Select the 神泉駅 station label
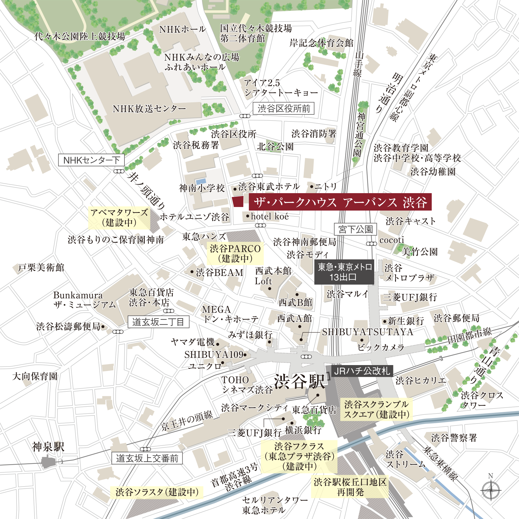click(48, 447)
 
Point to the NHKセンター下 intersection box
click(91, 160)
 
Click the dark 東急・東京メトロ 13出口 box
click(344, 272)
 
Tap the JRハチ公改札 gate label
click(362, 371)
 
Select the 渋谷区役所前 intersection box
click(284, 109)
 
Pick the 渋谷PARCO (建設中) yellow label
click(235, 254)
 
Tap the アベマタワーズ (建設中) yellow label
click(119, 218)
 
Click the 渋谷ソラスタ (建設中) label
click(157, 492)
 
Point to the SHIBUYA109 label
click(214, 354)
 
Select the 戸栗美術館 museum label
click(41, 267)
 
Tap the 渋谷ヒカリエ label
click(421, 381)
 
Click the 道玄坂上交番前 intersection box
click(147, 458)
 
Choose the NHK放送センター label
click(149, 109)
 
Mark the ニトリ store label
click(325, 186)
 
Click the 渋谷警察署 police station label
click(454, 438)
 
